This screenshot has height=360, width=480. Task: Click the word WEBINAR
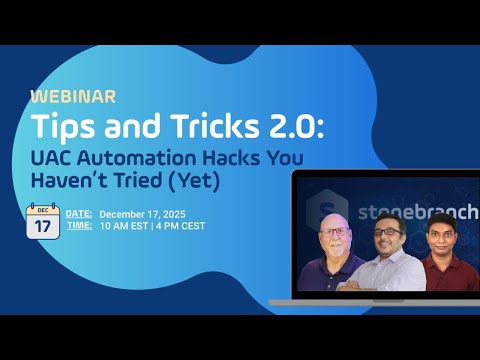[x=73, y=97]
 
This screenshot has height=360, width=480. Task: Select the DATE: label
[x=79, y=214]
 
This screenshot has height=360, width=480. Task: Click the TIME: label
[x=79, y=227]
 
